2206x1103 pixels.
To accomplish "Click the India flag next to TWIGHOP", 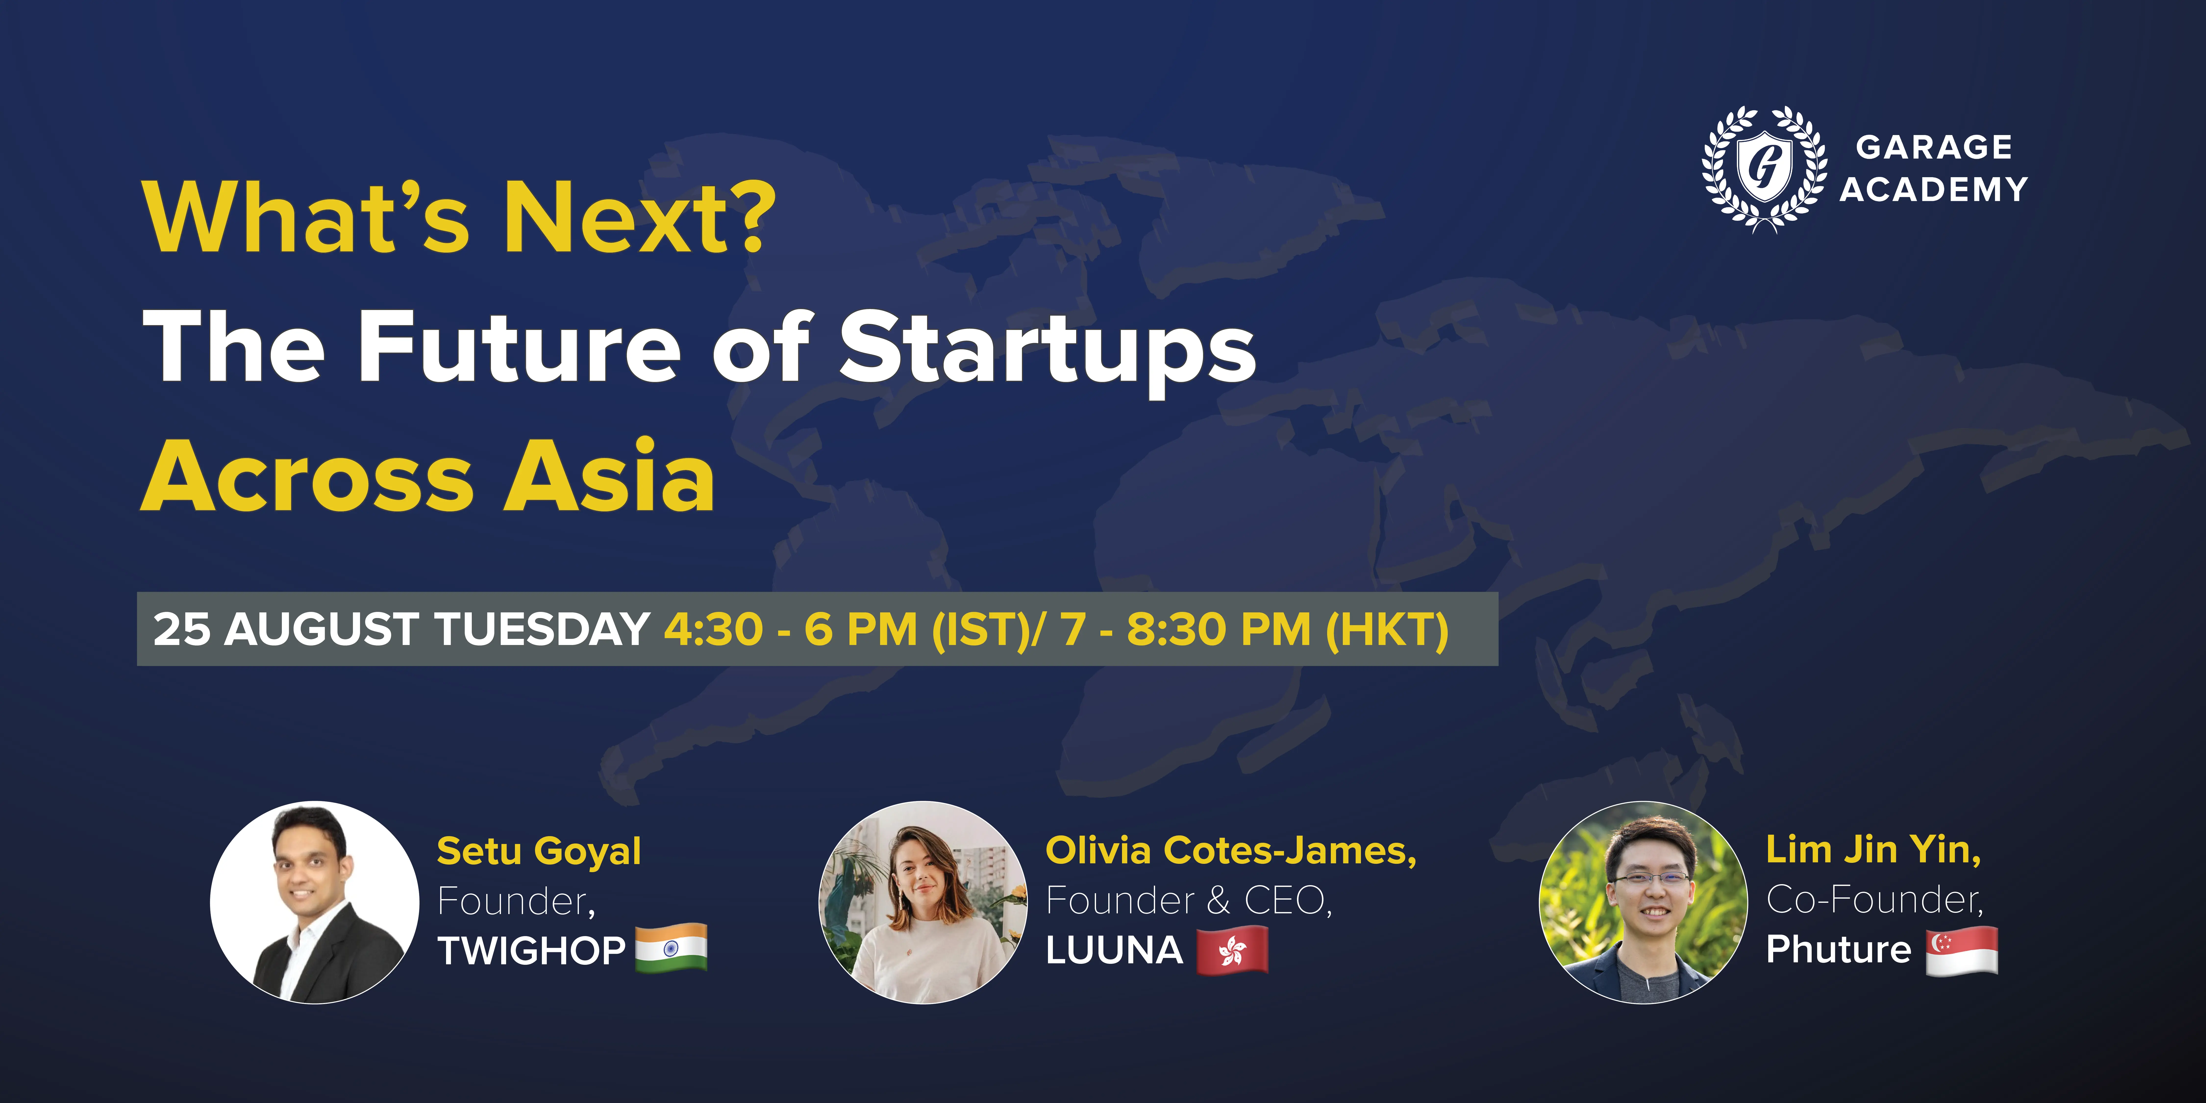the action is click(x=671, y=947).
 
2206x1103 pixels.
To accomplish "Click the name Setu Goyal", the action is click(x=539, y=851).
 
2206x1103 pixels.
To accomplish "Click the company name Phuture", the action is click(x=1839, y=949).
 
